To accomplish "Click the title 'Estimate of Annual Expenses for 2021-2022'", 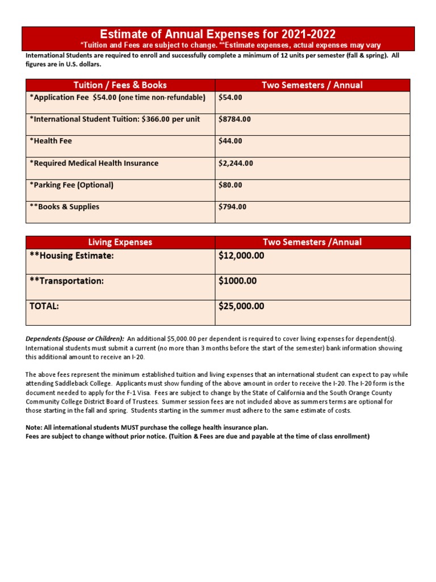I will click(218, 34).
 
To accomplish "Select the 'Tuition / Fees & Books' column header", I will click(120, 85).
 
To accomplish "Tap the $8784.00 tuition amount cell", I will click(234, 119).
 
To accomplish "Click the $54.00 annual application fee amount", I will click(230, 97).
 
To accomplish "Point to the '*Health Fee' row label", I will click(51, 141).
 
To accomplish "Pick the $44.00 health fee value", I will click(230, 141).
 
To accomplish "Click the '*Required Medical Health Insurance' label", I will click(94, 163).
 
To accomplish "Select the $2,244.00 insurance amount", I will click(236, 163).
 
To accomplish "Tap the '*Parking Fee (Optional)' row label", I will click(72, 185).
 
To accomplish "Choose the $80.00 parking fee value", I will click(230, 185).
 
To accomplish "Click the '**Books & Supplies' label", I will click(64, 207).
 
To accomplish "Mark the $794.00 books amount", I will click(232, 207).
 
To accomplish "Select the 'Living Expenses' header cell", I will click(120, 242).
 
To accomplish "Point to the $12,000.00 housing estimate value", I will click(241, 256).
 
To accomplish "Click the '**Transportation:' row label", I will click(66, 281).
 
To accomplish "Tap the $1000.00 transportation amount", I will click(237, 281).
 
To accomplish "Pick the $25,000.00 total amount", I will click(241, 306).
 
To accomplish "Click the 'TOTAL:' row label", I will click(44, 306).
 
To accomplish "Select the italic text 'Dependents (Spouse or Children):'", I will click(74, 339).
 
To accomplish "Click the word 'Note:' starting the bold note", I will click(35, 427).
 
